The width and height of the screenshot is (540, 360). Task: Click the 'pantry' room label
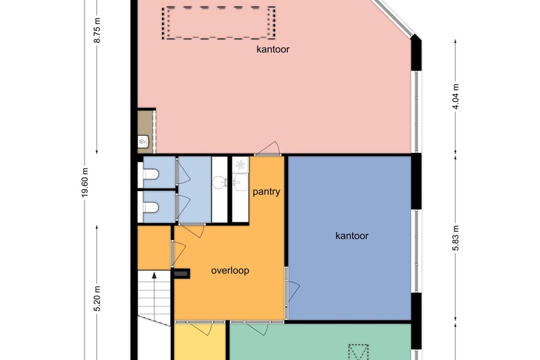(x=267, y=192)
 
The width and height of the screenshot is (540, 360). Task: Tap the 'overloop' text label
(x=230, y=271)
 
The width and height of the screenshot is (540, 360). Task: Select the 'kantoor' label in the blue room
(x=352, y=236)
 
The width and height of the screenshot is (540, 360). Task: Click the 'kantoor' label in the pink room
(x=272, y=50)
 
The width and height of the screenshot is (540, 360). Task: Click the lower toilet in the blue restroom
(x=149, y=206)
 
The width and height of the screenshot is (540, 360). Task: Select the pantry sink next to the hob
(x=240, y=182)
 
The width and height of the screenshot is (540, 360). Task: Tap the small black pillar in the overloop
(x=182, y=274)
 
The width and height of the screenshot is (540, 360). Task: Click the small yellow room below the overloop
(x=200, y=343)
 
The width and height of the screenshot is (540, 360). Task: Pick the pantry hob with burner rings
(x=240, y=165)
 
